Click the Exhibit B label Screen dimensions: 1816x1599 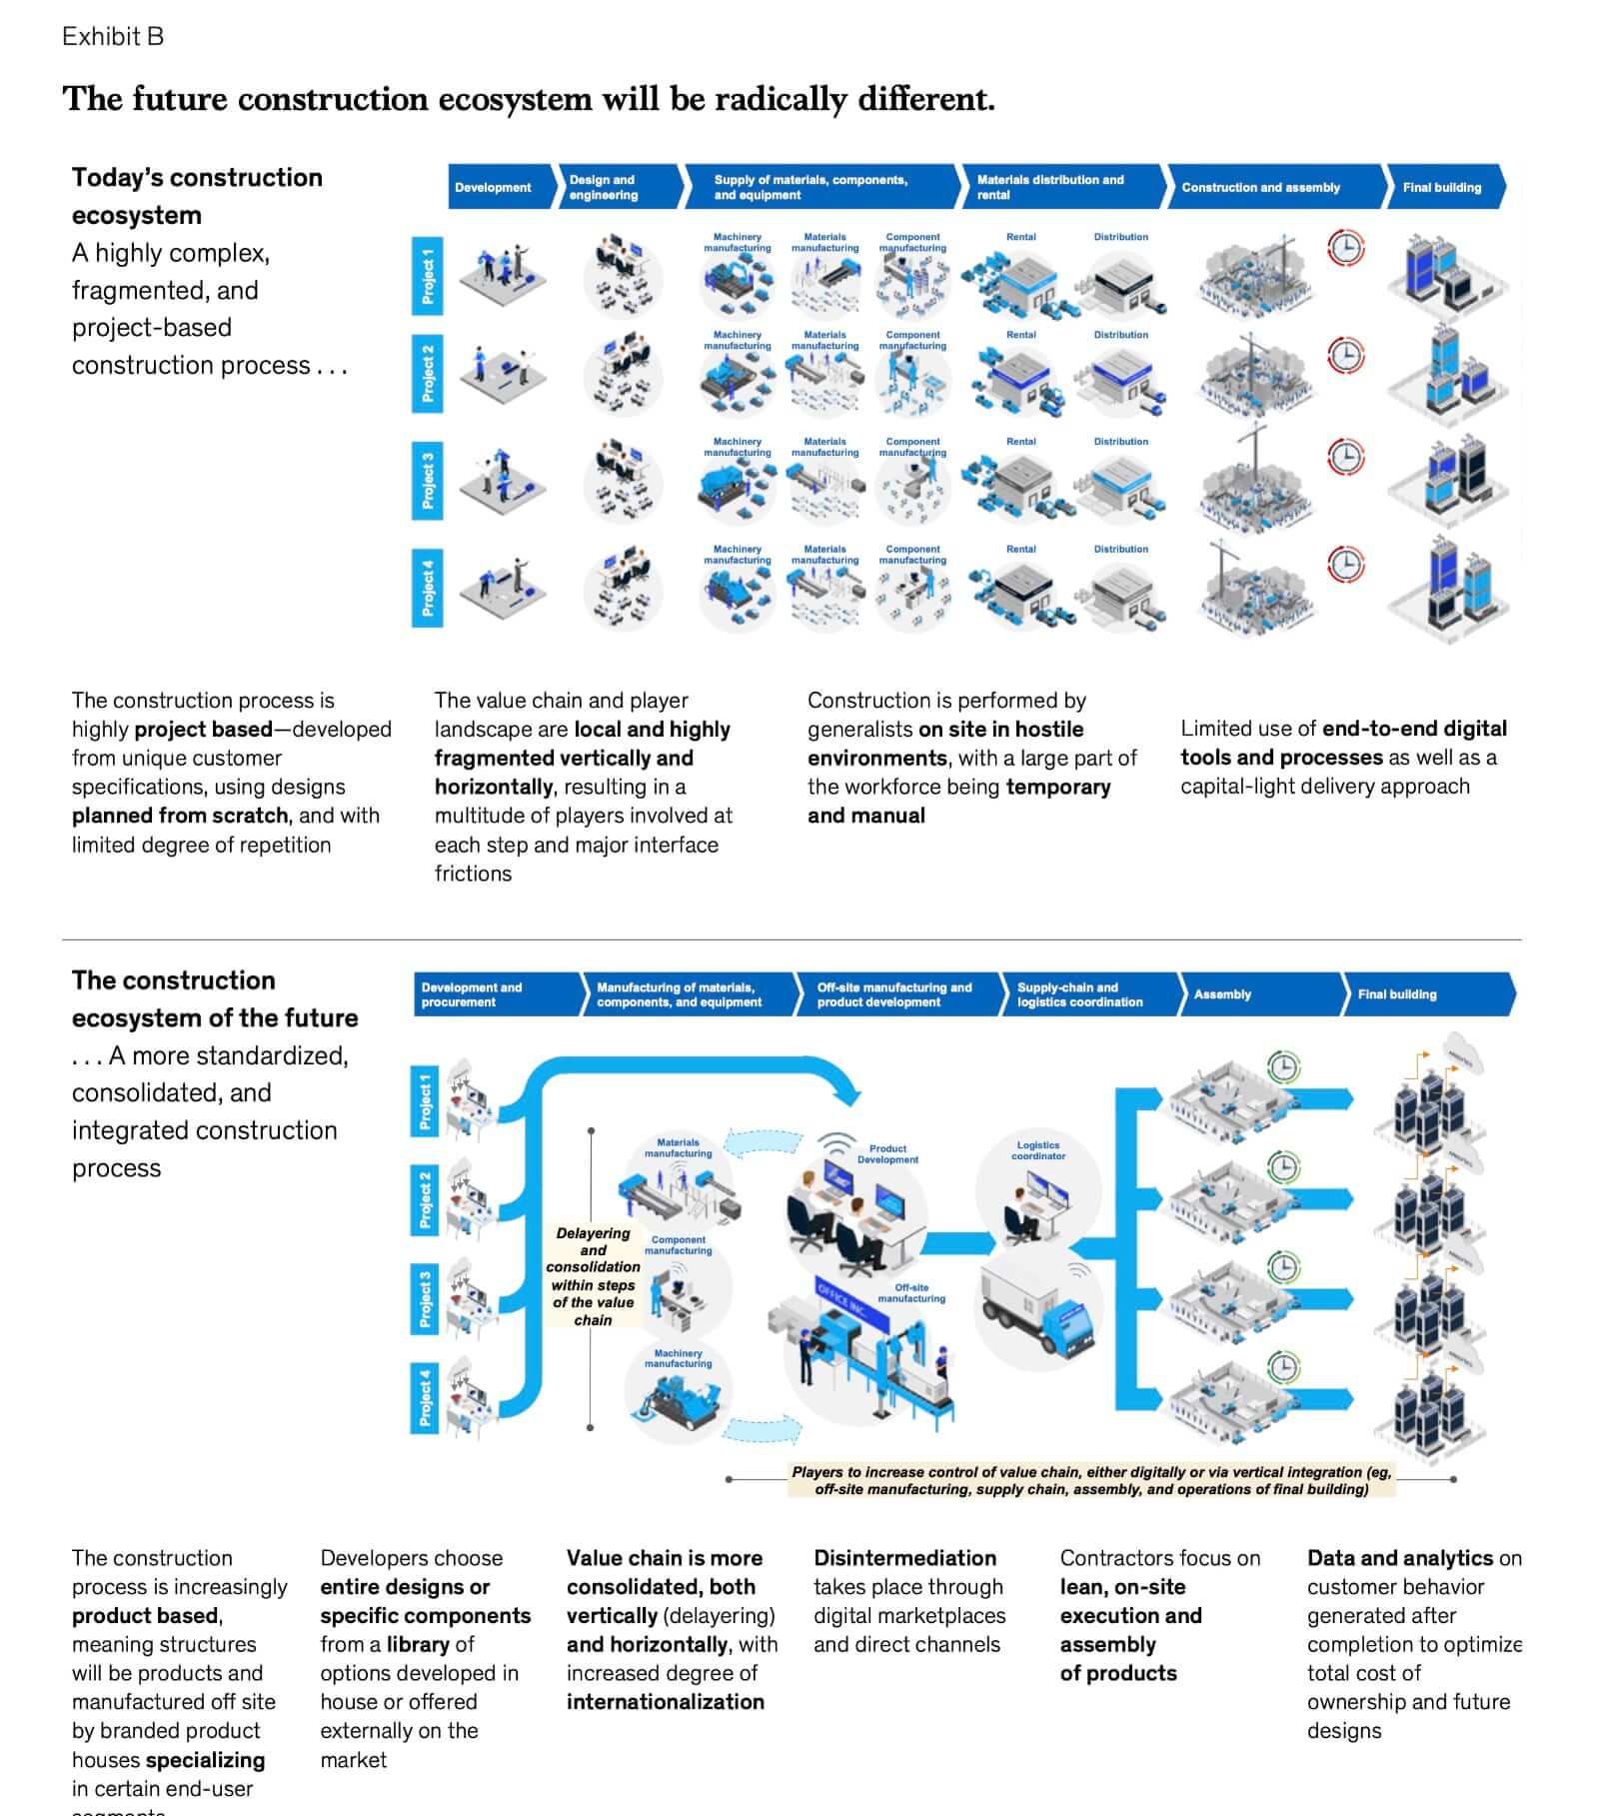[x=113, y=37]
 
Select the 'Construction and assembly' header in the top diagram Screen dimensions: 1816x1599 [x=1261, y=187]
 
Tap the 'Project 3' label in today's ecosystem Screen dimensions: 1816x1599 [x=428, y=481]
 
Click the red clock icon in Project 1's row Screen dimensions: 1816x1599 [x=1345, y=247]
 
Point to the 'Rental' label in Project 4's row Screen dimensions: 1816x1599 [x=1020, y=549]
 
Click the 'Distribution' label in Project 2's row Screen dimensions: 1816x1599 [x=1120, y=335]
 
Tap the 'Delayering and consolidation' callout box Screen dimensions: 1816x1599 [x=593, y=1276]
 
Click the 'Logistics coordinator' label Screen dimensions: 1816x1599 [x=1038, y=1150]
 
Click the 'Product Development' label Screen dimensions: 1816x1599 [x=887, y=1154]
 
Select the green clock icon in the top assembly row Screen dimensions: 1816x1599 [x=1284, y=1066]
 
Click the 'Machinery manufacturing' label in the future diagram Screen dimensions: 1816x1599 [x=678, y=1358]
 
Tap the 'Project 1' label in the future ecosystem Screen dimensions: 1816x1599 [x=426, y=1100]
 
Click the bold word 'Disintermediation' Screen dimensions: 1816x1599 [x=904, y=1558]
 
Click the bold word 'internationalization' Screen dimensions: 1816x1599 [x=666, y=1702]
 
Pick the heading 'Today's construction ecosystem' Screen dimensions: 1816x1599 [x=197, y=196]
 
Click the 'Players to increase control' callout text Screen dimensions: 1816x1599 [x=1090, y=1480]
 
